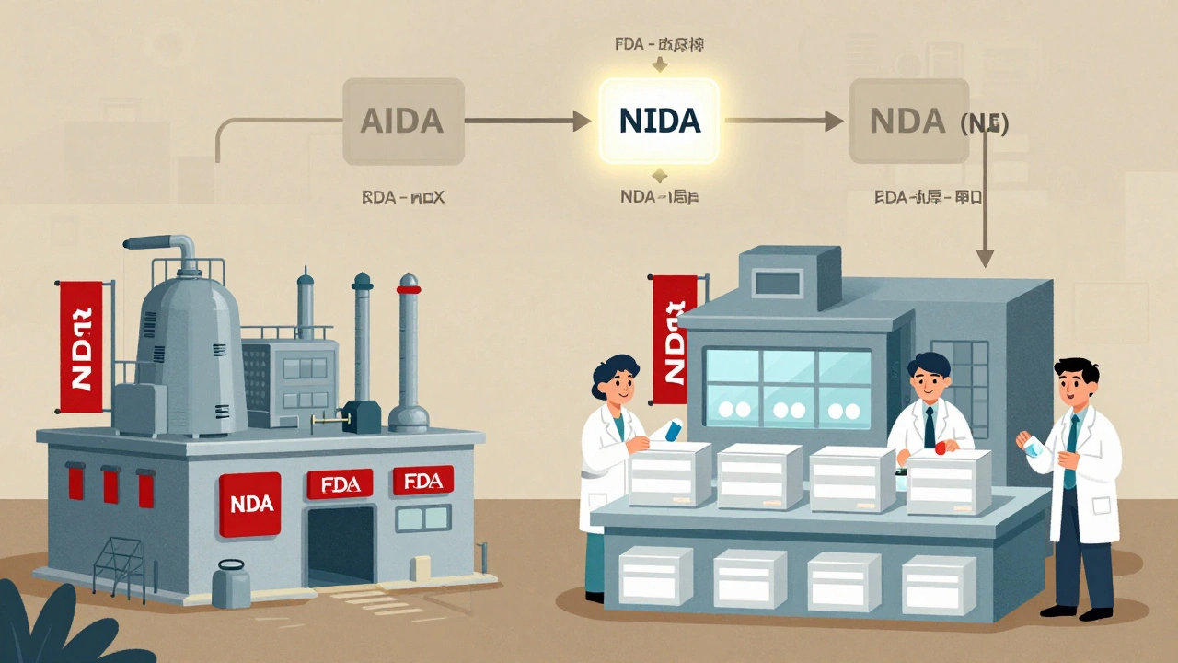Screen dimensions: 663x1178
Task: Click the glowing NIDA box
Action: click(659, 121)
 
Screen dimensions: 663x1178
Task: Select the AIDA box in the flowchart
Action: click(402, 121)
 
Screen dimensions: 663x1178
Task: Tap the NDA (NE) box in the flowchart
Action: click(909, 121)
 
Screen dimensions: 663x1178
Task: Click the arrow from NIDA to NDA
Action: click(783, 120)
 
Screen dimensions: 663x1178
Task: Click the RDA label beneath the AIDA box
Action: click(402, 197)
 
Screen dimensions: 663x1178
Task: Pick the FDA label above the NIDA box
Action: click(659, 44)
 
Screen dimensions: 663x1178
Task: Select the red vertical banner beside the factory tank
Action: click(81, 345)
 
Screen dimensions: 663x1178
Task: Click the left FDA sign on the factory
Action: click(339, 483)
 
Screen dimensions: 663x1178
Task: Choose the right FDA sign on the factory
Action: click(422, 481)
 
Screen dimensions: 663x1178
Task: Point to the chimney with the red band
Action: click(408, 350)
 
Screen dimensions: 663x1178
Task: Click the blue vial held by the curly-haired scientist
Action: click(672, 430)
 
